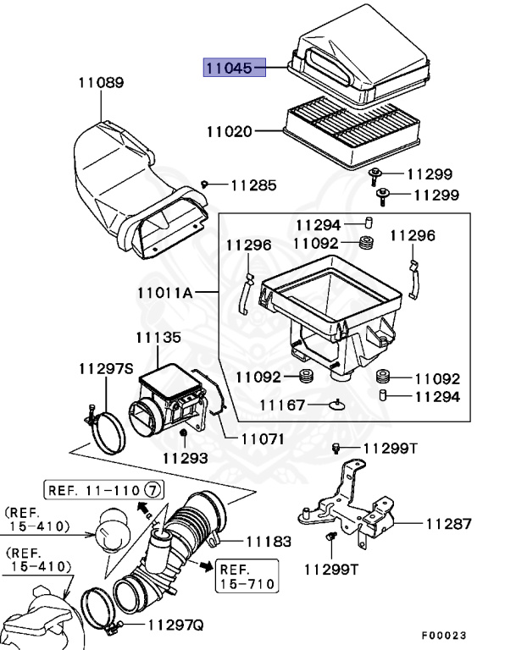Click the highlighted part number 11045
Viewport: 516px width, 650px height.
click(233, 68)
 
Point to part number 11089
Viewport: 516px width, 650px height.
click(100, 83)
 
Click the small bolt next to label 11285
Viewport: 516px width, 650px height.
click(205, 185)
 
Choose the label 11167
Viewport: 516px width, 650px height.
click(282, 405)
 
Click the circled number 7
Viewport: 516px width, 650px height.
click(153, 489)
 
